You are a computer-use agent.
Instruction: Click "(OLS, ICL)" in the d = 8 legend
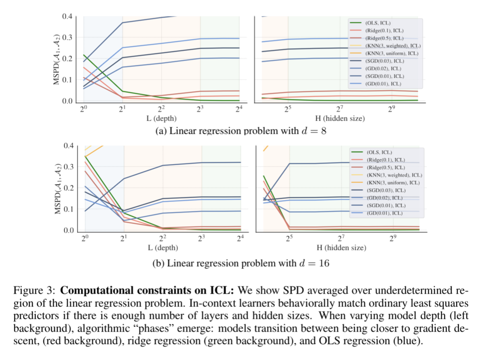[375, 23]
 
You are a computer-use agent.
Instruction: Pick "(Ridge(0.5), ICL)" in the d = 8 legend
[381, 38]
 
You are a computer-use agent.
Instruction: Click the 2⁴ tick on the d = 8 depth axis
[239, 109]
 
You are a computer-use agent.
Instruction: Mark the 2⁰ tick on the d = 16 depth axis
[85, 239]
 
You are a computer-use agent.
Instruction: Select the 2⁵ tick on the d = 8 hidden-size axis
[287, 109]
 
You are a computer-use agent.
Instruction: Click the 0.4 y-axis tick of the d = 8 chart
[67, 16]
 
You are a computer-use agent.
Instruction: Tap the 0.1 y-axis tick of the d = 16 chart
[67, 209]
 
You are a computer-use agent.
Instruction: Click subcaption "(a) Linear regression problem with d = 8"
[241, 131]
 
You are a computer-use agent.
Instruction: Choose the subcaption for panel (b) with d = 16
[241, 264]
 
